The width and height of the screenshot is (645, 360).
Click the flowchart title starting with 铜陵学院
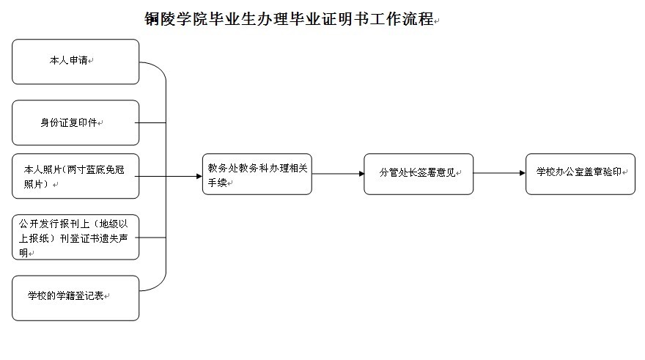tap(289, 19)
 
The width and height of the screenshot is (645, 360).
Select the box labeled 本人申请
tap(75, 62)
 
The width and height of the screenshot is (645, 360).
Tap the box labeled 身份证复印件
tap(75, 122)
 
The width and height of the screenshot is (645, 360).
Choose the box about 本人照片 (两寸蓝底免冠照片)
tap(75, 176)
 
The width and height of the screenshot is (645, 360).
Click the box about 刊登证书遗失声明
tap(75, 237)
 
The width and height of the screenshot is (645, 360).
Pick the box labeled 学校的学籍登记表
tap(75, 298)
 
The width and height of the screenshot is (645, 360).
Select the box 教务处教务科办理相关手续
tap(257, 174)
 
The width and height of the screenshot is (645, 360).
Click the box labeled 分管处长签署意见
tap(419, 174)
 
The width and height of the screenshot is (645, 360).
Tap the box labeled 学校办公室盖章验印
tap(580, 174)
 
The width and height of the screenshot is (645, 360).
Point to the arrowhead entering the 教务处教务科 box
tap(199, 176)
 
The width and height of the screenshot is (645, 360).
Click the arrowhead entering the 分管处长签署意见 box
tap(361, 174)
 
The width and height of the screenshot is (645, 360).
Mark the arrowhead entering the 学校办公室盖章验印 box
tap(523, 173)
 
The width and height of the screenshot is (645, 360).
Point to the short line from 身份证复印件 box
tap(150, 122)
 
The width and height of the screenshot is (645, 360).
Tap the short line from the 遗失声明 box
tap(150, 238)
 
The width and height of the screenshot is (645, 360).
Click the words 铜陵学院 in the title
tap(176, 19)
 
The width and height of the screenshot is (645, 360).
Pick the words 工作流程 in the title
tap(402, 19)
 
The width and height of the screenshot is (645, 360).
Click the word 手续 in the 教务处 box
tap(217, 183)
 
